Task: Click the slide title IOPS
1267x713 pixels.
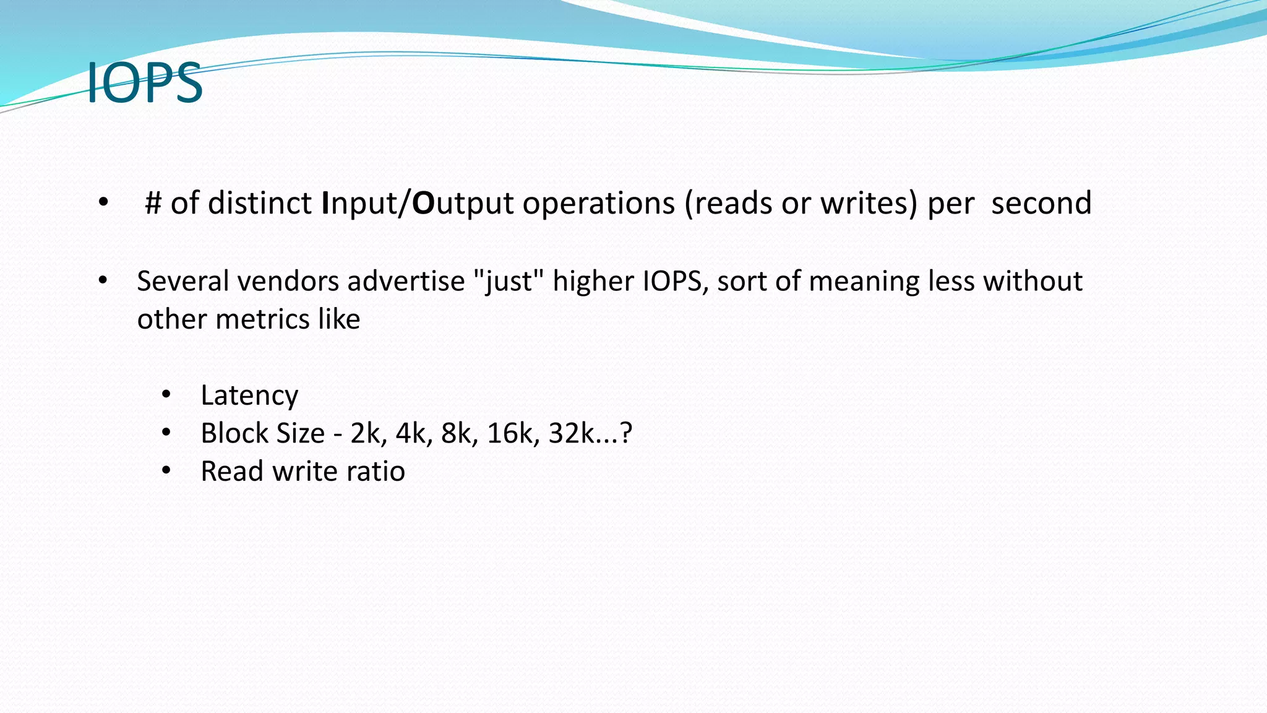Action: point(145,82)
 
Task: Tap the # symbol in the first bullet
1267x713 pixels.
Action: point(153,203)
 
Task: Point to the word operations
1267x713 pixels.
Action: point(598,203)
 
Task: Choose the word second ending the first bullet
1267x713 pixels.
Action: point(1041,203)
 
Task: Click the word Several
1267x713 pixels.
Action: point(183,281)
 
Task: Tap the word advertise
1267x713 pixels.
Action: point(406,281)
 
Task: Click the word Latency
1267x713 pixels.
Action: point(249,395)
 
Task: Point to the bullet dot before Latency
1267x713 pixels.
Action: point(166,395)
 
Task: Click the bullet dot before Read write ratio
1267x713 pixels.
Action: point(166,472)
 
